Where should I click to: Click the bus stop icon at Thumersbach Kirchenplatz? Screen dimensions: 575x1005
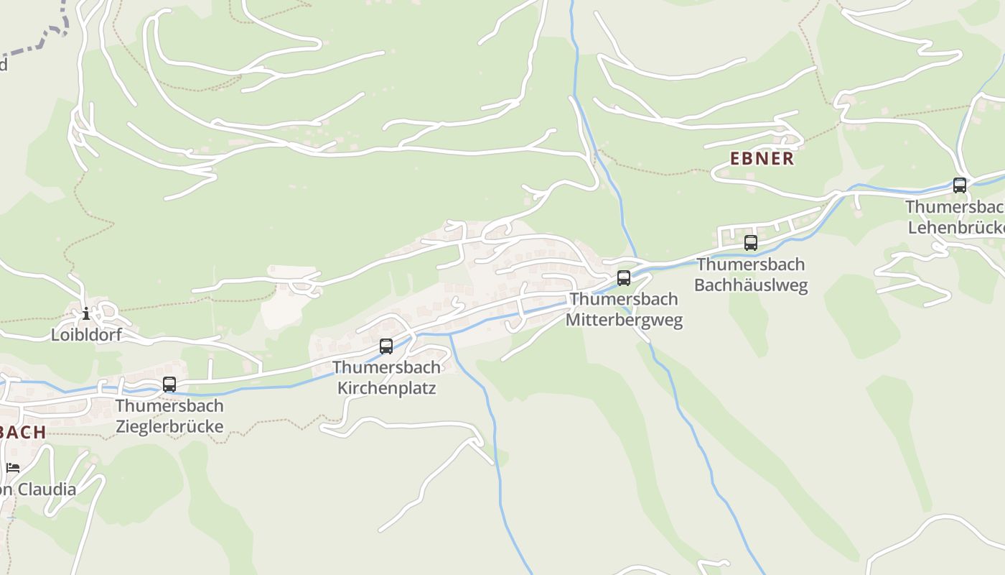pos(386,346)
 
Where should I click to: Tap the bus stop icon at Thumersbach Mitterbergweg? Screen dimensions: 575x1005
pos(624,278)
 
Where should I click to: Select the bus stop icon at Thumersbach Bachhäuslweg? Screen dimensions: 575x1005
pos(751,243)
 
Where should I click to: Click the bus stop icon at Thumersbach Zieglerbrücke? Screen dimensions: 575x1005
pos(169,385)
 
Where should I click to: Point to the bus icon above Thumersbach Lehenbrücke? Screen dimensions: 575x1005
pos(960,185)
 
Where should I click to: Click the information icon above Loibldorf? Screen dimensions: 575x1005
pos(86,313)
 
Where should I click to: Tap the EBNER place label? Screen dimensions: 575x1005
pos(762,159)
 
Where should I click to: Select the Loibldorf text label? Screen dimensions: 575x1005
pos(86,334)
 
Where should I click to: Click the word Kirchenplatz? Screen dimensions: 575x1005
pos(386,388)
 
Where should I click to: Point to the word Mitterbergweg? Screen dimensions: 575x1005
pos(624,320)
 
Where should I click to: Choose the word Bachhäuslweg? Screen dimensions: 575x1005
pos(751,285)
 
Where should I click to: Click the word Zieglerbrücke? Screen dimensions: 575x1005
pos(169,426)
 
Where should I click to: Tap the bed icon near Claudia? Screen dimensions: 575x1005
pos(13,468)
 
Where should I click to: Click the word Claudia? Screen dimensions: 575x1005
pos(47,489)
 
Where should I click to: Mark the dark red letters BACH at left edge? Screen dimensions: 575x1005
pos(23,432)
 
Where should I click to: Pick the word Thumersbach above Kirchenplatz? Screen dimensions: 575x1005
pos(386,367)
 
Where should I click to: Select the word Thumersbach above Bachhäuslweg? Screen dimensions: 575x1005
pos(751,264)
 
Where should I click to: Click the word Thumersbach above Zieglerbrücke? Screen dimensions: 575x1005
pos(169,405)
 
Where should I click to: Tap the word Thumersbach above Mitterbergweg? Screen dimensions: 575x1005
pos(624,299)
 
